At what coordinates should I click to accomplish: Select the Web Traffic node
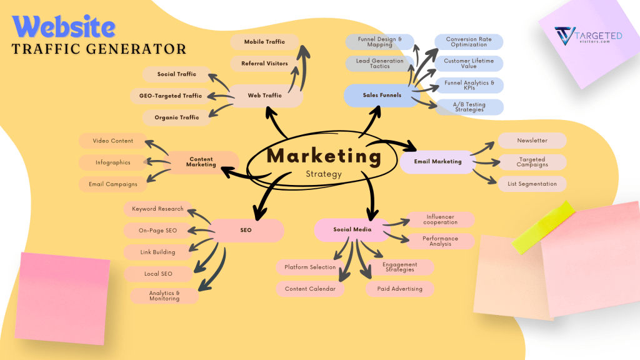click(264, 96)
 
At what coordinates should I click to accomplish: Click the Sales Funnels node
click(381, 95)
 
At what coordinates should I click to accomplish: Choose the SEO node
click(246, 230)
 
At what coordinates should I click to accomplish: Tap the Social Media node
click(352, 229)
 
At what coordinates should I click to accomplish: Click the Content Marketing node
click(201, 162)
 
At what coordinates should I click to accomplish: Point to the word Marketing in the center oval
click(324, 156)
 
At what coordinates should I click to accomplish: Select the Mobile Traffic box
click(264, 42)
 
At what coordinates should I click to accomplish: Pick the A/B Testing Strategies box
click(469, 107)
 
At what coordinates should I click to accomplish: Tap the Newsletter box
click(532, 141)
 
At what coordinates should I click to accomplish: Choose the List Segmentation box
click(532, 184)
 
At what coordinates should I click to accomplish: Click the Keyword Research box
click(157, 209)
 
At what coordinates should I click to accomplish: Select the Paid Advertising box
click(399, 289)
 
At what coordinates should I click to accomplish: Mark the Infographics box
click(113, 162)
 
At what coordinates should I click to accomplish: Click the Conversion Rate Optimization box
click(469, 42)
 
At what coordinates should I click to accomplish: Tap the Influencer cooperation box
click(440, 219)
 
